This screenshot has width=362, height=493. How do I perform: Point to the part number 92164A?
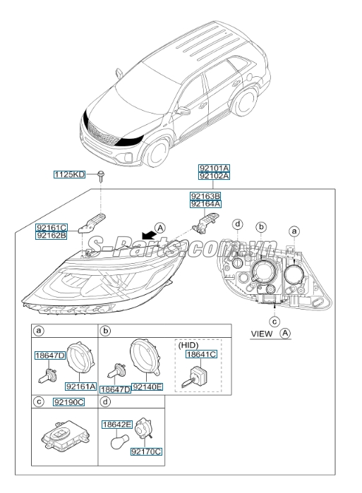pos(205,204)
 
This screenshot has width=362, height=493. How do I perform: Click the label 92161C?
pos(52,227)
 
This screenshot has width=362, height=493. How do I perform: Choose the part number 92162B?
pos(52,236)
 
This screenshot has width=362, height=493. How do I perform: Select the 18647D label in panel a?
pos(50,358)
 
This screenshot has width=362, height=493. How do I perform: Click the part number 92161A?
pos(80,386)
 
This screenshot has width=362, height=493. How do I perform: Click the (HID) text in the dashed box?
pos(188,346)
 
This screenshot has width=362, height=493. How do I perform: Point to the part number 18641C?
pos(200,356)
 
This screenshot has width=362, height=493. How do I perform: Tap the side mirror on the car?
pos(184,111)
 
